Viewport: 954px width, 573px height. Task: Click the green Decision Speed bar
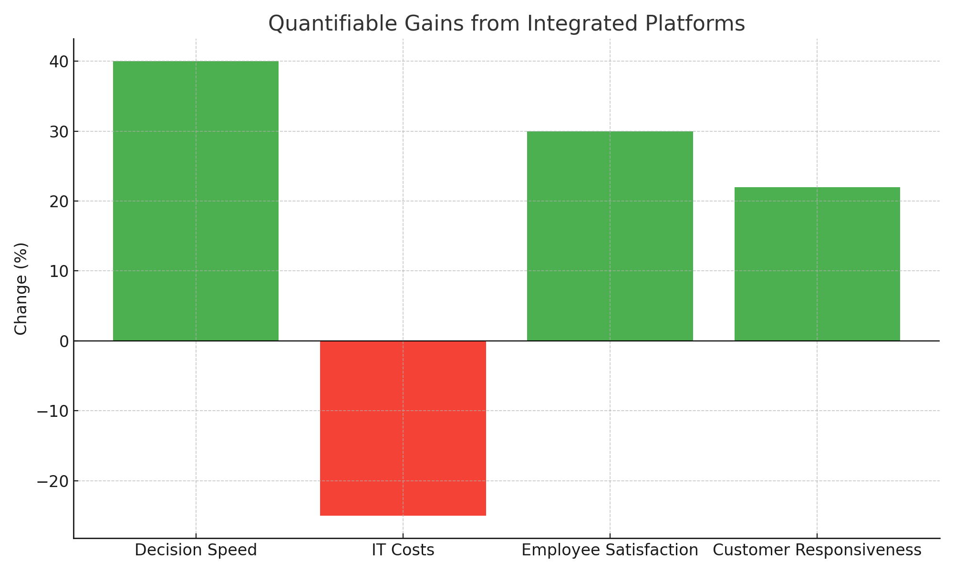click(196, 201)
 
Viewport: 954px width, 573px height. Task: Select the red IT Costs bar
click(403, 428)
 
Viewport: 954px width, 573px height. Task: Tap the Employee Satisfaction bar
click(610, 236)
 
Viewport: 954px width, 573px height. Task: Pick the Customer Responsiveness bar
click(817, 264)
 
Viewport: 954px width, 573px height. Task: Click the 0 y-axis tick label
click(63, 341)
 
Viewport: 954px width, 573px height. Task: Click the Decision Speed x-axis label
click(196, 550)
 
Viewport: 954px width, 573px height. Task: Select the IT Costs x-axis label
click(403, 550)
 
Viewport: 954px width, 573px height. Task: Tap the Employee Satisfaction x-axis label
click(610, 550)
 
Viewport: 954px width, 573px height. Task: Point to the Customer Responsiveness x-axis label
click(817, 550)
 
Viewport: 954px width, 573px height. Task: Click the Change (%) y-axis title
click(21, 289)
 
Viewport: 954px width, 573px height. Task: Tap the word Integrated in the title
click(583, 23)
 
